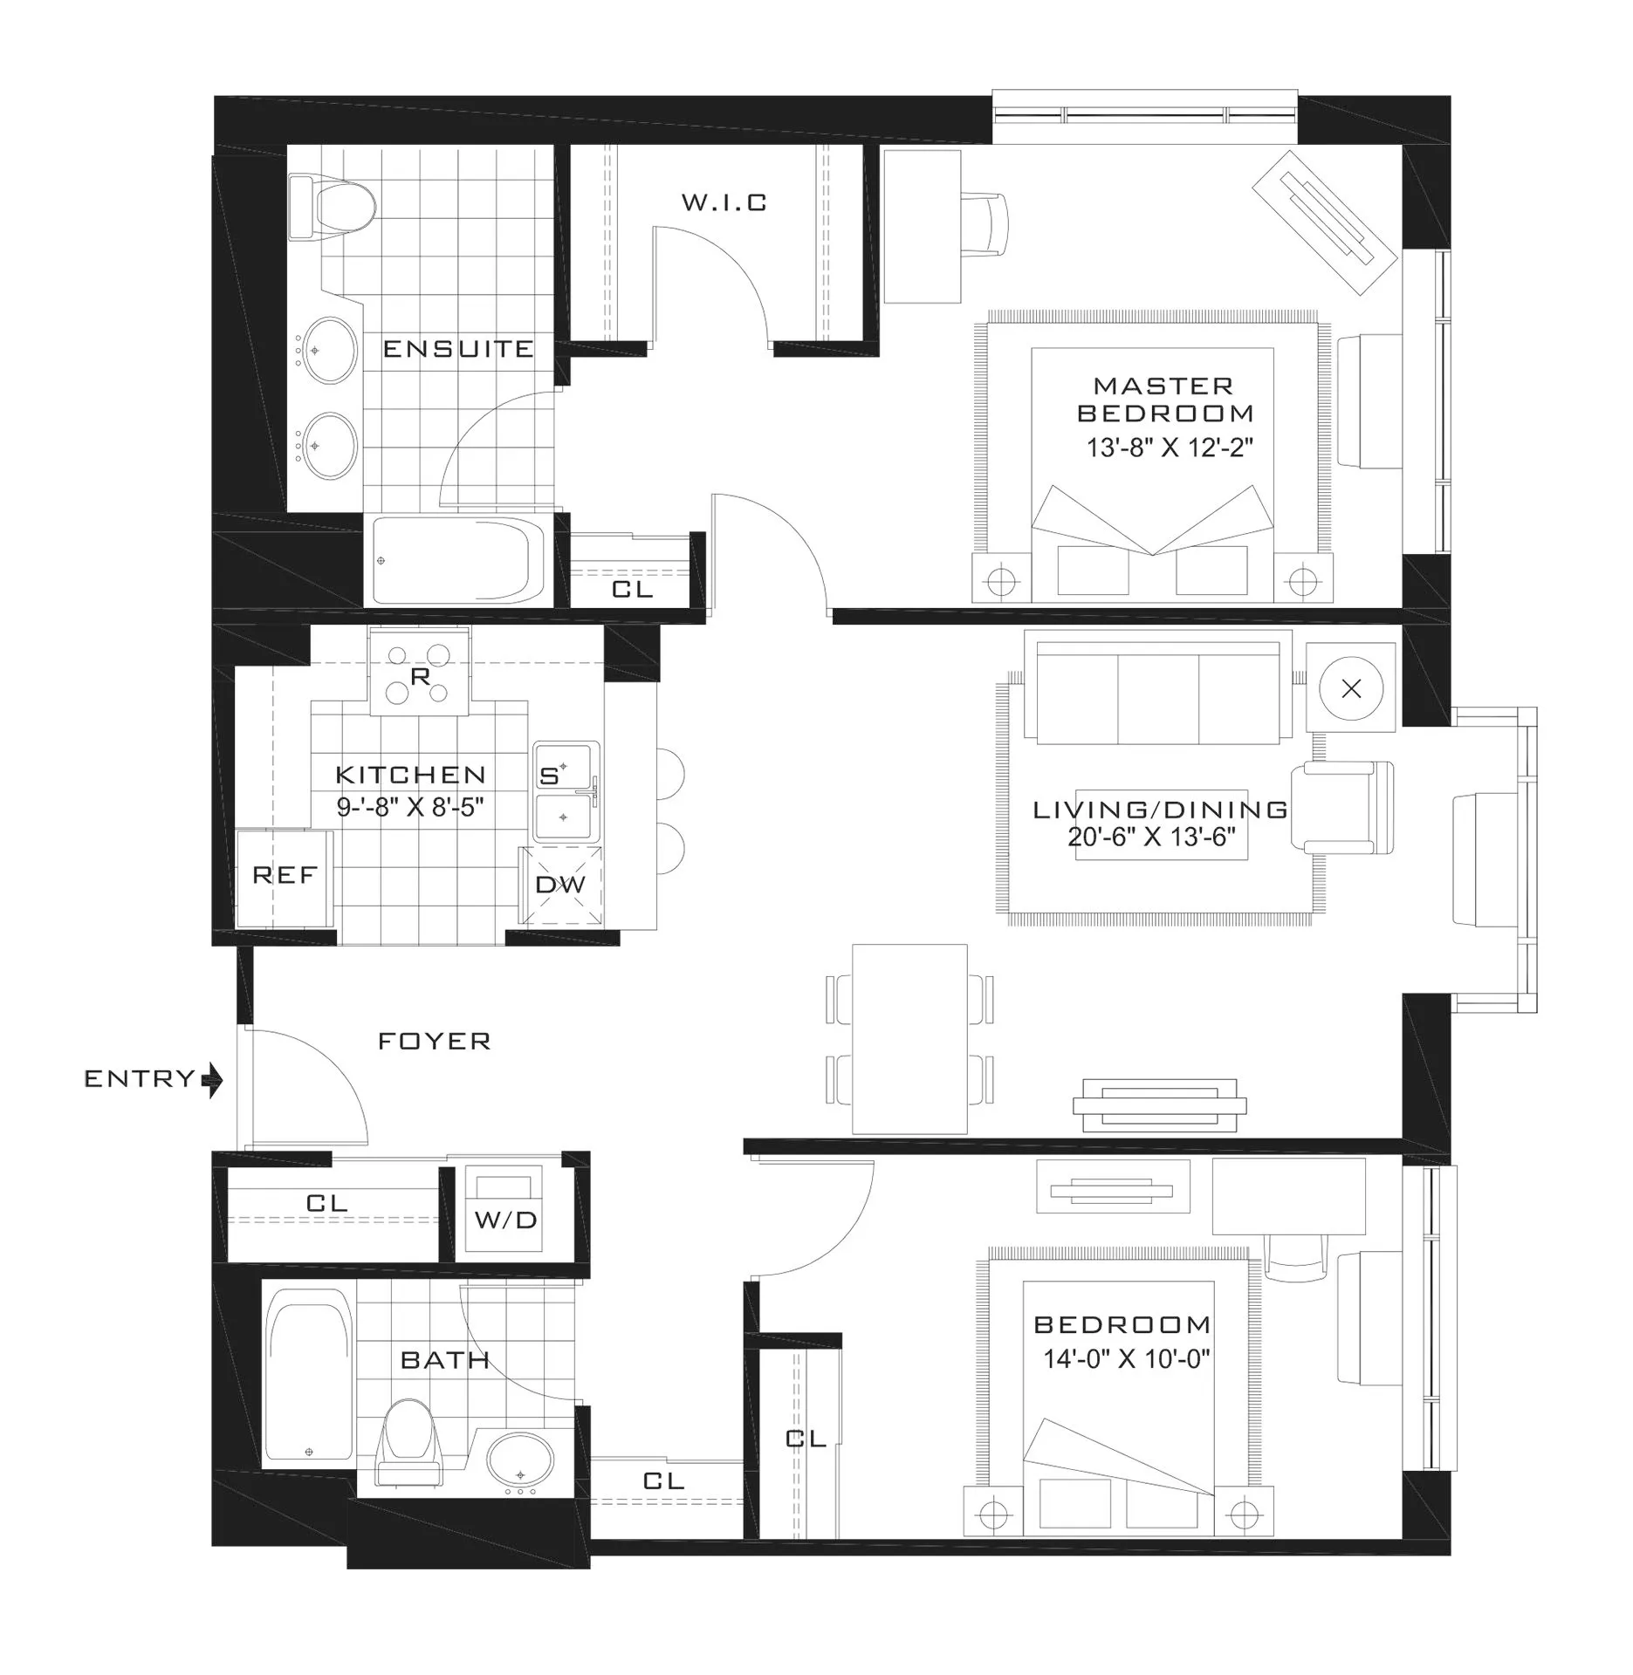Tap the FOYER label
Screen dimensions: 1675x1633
[x=434, y=1041]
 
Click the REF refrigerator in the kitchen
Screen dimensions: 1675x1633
[x=285, y=877]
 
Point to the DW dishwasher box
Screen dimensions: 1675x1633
[x=560, y=885]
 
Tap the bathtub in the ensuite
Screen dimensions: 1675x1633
[x=458, y=560]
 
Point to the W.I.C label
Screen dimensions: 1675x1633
[x=724, y=203]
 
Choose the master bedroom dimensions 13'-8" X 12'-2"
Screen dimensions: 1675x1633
[x=1169, y=448]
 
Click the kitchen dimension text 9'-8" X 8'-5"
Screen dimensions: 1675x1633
[x=410, y=806]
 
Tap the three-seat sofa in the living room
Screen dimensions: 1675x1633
[x=1158, y=694]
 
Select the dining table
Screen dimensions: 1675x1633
[x=909, y=1038]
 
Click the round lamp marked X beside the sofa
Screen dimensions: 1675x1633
[x=1351, y=689]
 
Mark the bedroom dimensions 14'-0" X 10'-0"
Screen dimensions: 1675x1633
[x=1127, y=1358]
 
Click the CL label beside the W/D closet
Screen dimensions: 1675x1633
[x=327, y=1203]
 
